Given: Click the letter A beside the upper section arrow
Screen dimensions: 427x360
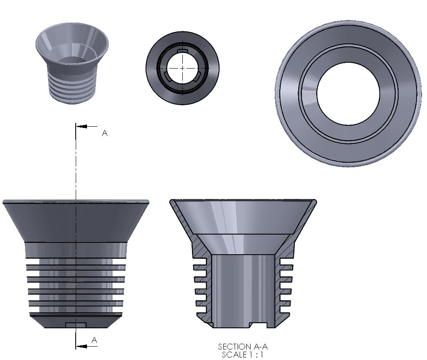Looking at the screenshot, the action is click(105, 133).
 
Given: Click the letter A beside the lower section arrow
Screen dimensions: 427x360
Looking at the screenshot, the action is click(94, 340).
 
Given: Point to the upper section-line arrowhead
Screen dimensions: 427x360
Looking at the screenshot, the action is click(82, 126).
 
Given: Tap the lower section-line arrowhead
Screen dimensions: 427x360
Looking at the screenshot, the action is click(82, 346).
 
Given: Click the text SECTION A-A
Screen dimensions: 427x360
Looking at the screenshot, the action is click(243, 347).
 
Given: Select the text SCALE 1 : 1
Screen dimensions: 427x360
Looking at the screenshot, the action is click(243, 355).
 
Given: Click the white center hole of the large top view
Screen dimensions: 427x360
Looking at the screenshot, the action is click(348, 94).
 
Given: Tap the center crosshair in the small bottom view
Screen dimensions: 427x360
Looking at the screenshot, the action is click(182, 68).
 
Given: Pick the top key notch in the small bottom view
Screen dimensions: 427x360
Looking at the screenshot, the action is click(182, 51).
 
